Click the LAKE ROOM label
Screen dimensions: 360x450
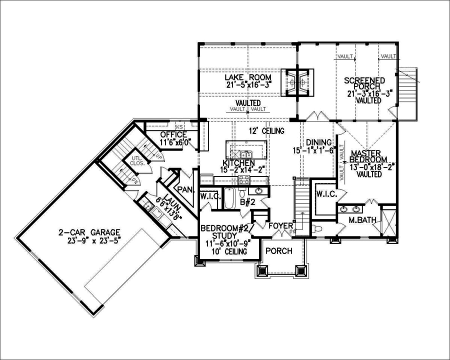coord(247,77)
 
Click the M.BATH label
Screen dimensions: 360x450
coord(359,220)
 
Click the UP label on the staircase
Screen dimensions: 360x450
coord(159,156)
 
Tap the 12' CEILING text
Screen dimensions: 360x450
coord(267,131)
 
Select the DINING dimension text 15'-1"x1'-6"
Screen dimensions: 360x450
coord(313,150)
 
